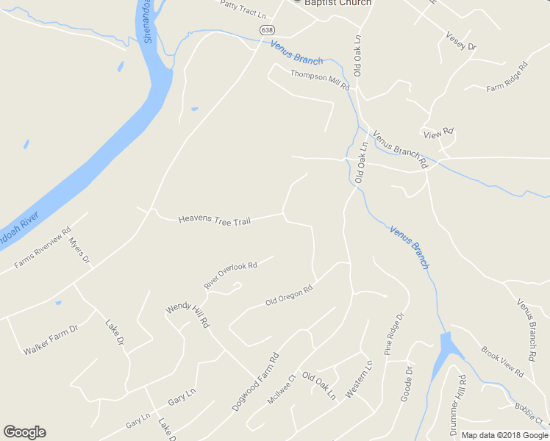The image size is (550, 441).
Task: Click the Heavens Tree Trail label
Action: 214,220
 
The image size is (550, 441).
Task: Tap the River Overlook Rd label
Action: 230,275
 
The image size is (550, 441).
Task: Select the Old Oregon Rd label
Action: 289,295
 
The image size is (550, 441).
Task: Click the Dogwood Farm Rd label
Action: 256,381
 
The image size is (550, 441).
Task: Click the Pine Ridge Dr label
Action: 395,334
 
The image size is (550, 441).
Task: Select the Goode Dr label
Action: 407,384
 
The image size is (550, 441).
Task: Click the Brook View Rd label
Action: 502,362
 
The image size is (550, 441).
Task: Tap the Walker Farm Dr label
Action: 50,340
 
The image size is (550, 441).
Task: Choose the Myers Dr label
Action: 79,250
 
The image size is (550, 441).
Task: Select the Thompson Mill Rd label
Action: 320,79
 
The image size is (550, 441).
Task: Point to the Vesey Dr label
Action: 461,40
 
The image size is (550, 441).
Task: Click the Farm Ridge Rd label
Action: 507,77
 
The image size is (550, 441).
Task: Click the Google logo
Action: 24,432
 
